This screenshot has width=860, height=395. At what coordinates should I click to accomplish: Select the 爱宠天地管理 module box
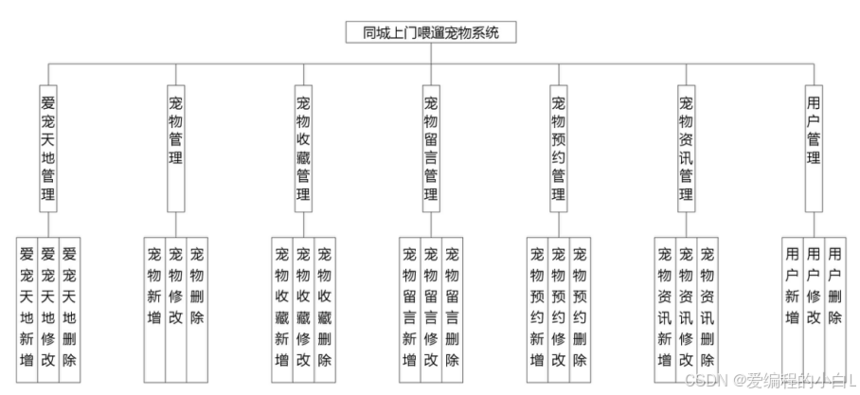point(48,148)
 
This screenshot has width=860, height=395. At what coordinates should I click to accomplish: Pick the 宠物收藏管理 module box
point(303,148)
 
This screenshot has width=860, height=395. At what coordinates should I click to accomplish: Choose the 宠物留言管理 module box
point(431,148)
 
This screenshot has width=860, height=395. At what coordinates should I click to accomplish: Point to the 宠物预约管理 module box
point(558,148)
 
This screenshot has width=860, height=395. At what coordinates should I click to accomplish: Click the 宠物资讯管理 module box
point(686,148)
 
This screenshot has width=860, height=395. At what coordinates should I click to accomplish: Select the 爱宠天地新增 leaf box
point(27,308)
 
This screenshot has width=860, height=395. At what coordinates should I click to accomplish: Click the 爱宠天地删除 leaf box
point(69,308)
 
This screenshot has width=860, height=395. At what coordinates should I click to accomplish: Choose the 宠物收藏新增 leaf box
point(282,308)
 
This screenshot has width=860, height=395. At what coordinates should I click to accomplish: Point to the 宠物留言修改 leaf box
point(431,308)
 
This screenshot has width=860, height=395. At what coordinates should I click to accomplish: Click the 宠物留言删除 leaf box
point(452,308)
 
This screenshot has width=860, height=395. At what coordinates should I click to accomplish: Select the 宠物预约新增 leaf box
point(537,308)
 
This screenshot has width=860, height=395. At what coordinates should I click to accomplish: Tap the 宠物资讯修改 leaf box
point(686,308)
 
